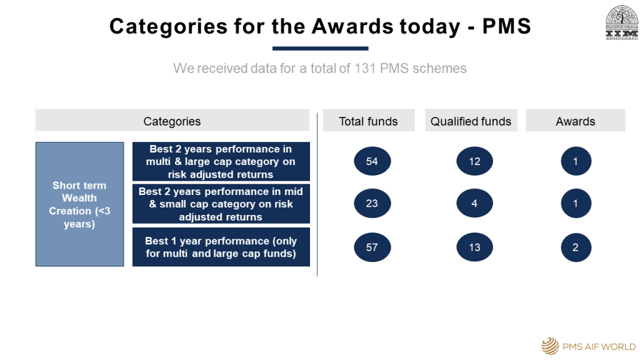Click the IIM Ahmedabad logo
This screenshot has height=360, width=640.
click(622, 22)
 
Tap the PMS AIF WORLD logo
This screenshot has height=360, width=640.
click(589, 346)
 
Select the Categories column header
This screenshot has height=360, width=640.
click(172, 121)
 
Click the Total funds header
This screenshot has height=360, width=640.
click(369, 121)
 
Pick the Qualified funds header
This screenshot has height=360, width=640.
click(471, 121)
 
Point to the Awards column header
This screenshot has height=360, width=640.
click(576, 121)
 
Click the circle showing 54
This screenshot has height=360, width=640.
click(372, 161)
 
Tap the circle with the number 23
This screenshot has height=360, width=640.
click(372, 203)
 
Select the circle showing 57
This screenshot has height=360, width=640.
click(372, 247)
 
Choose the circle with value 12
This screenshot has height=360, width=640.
click(474, 161)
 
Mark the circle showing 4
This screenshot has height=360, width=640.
click(474, 203)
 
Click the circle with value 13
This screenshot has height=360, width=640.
click(474, 247)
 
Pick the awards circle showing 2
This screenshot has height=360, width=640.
click(576, 247)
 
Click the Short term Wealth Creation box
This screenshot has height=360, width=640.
click(79, 204)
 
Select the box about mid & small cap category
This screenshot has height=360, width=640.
click(221, 204)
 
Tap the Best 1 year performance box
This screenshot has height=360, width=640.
click(221, 247)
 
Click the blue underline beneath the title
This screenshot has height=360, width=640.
click(321, 49)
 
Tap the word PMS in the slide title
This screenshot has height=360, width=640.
click(506, 26)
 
